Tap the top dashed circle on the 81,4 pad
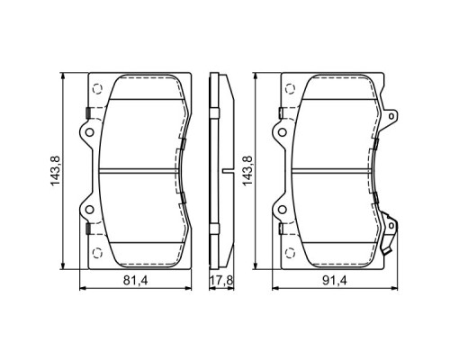click(x=96, y=88)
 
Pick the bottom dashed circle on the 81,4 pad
click(x=96, y=255)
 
